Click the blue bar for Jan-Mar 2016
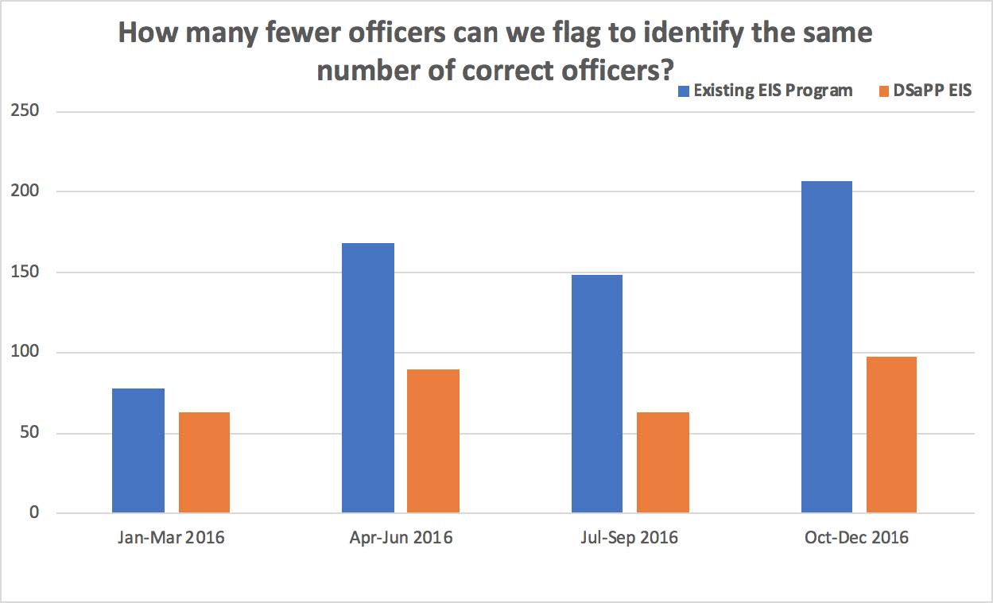tap(138, 450)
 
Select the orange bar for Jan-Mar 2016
tap(204, 462)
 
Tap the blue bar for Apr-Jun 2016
tap(368, 377)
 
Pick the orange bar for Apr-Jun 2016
tap(433, 441)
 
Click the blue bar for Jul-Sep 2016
tap(597, 393)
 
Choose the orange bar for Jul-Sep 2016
tap(663, 462)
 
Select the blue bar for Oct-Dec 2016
tap(827, 346)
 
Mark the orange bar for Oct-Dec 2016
tap(891, 435)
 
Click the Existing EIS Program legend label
tap(773, 90)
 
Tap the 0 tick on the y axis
tap(33, 513)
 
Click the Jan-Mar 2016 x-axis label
tap(171, 538)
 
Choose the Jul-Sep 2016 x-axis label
tap(630, 538)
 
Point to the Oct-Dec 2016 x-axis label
tap(859, 538)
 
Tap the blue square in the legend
tap(682, 91)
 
